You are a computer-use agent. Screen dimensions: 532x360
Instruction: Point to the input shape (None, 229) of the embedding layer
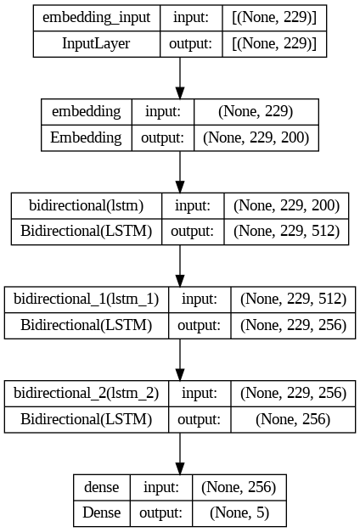tap(256, 112)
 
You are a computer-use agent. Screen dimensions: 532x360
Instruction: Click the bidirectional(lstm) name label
tap(86, 205)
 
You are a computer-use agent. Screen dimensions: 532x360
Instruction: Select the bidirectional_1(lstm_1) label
tap(87, 300)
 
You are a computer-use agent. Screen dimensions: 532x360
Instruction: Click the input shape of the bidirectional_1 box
tap(293, 300)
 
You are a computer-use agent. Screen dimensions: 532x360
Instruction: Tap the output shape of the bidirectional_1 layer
tap(293, 325)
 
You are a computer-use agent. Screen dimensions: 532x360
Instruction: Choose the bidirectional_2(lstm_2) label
tap(87, 393)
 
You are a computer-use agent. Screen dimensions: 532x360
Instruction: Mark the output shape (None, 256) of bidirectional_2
tap(293, 419)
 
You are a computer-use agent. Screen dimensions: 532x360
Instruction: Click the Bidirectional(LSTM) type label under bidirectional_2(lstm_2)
tap(87, 419)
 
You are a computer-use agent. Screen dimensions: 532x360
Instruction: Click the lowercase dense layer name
tap(102, 487)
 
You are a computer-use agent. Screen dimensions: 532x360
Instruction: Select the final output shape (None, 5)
tap(238, 512)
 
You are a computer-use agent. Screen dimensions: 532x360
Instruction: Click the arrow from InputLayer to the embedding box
tap(180, 79)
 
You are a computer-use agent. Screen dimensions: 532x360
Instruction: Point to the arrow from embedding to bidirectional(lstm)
tap(180, 172)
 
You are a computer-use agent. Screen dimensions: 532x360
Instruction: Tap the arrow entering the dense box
tap(180, 454)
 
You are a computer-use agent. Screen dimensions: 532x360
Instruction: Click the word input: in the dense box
tap(160, 487)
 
